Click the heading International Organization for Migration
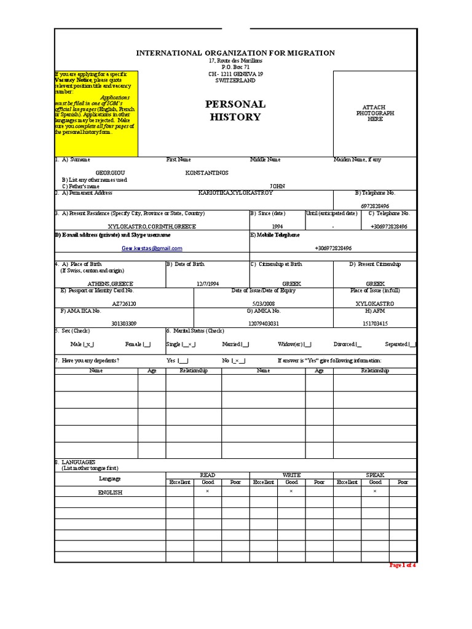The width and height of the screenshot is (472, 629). pos(235,53)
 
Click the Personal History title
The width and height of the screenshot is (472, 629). pos(235,111)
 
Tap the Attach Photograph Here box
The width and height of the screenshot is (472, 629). pos(375,113)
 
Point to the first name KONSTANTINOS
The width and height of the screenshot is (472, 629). pos(206,173)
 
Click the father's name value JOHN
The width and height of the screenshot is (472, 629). pos(277,186)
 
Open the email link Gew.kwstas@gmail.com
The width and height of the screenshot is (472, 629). pos(152,248)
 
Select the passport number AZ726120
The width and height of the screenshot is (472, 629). pos(124,303)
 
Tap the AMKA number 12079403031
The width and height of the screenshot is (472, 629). pos(263,323)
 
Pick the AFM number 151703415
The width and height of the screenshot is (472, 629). pos(375,323)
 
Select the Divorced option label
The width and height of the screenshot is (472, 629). pos(344,345)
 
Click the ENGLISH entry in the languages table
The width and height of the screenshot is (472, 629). pos(110,493)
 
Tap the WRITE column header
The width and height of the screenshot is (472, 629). pos(291,475)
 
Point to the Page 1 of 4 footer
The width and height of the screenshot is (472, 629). pos(403,565)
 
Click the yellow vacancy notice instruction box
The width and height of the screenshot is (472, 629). pos(96,114)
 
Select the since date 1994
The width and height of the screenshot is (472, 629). pos(277,226)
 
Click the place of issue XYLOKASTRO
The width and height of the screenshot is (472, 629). pos(375,303)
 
